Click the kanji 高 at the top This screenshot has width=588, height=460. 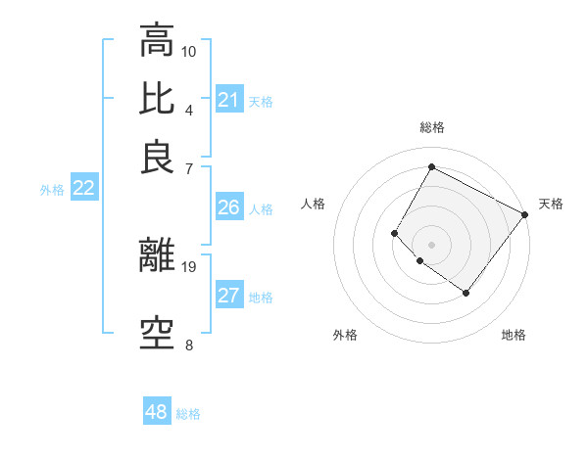(157, 41)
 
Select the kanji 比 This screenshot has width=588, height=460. (157, 99)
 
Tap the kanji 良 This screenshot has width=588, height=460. (157, 157)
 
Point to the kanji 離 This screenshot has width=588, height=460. (157, 254)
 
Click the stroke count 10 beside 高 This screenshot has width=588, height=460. (189, 51)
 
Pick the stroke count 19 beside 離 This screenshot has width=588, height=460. (189, 265)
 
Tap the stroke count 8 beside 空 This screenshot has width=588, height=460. (189, 345)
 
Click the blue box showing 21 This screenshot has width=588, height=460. (228, 100)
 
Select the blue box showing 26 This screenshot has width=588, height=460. (228, 207)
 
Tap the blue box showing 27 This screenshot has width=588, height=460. (228, 297)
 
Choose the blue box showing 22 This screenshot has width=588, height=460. (83, 189)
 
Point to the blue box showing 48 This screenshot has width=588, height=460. (157, 413)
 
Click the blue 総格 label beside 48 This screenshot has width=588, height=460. (188, 414)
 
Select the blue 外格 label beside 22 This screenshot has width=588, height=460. (52, 190)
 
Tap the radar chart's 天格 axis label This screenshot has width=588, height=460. (551, 204)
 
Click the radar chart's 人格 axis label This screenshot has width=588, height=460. (314, 204)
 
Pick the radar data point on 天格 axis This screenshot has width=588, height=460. (524, 214)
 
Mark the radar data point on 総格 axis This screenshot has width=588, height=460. (431, 166)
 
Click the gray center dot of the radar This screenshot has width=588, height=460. (431, 244)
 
